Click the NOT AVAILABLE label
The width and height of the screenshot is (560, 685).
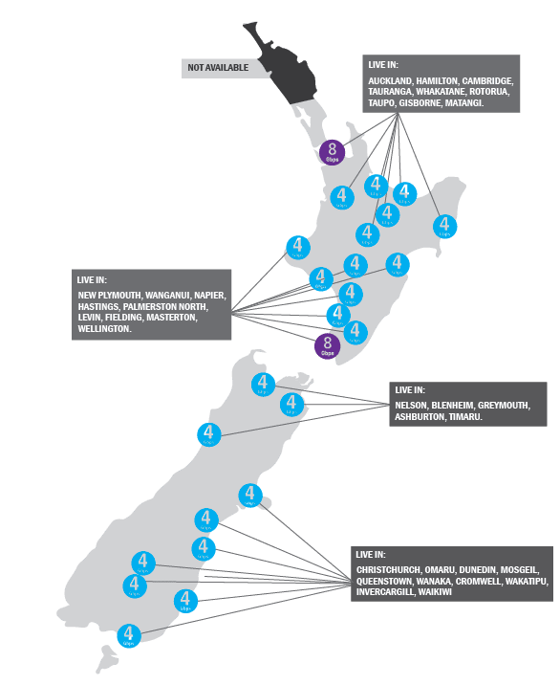pos(218,67)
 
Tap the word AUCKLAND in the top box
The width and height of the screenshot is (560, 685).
pos(390,81)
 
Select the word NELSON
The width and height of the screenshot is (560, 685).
pos(411,406)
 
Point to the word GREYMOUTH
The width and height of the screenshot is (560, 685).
pos(504,406)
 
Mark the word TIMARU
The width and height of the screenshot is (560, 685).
pos(464,417)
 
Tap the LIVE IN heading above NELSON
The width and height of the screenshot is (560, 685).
pos(410,390)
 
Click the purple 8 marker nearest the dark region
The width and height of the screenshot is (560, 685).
pos(333,151)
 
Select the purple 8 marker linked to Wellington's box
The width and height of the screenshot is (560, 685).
pos(328,344)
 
